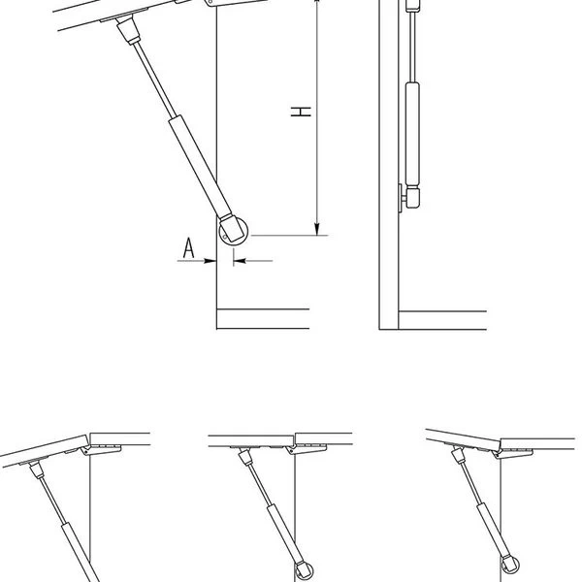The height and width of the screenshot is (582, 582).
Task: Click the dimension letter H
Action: pyautogui.click(x=301, y=112)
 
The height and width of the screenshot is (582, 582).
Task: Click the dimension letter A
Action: pyautogui.click(x=188, y=248)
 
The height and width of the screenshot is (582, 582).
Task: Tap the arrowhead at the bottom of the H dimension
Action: pyautogui.click(x=316, y=229)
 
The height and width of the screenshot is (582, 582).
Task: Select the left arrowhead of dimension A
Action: pyautogui.click(x=210, y=261)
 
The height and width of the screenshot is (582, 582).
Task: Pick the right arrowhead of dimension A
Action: pyautogui.click(x=240, y=261)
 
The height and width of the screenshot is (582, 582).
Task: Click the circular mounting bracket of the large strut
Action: pyautogui.click(x=234, y=231)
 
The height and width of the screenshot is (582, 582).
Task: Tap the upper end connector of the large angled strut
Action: pyautogui.click(x=128, y=31)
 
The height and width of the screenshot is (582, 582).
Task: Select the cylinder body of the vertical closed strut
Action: pyautogui.click(x=413, y=134)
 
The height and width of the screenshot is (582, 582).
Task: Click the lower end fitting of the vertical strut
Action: pyautogui.click(x=413, y=197)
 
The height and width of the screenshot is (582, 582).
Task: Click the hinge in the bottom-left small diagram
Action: pyautogui.click(x=101, y=449)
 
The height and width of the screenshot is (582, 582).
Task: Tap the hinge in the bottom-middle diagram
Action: pyautogui.click(x=307, y=449)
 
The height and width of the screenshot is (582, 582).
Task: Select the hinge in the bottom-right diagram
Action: pyautogui.click(x=512, y=453)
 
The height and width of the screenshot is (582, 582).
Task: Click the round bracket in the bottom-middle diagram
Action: pyautogui.click(x=304, y=570)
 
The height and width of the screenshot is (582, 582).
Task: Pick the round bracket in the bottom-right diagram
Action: pyautogui.click(x=510, y=565)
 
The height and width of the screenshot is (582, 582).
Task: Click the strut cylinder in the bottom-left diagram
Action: pyautogui.click(x=80, y=553)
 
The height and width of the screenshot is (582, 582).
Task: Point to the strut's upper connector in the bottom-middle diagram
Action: pyautogui.click(x=245, y=457)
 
